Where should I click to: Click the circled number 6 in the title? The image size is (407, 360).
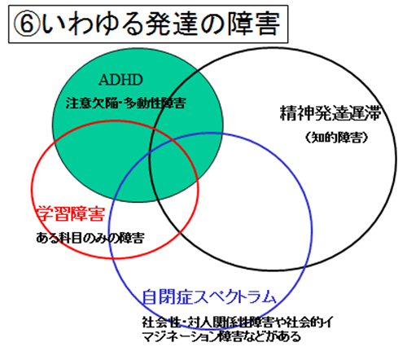pyautogui.click(x=27, y=24)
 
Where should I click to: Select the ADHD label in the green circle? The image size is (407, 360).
pyautogui.click(x=120, y=80)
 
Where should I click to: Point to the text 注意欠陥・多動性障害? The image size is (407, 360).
pyautogui.click(x=126, y=103)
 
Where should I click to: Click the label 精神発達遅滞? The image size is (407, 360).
pyautogui.click(x=330, y=113)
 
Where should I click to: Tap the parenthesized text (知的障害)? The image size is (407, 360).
pyautogui.click(x=336, y=138)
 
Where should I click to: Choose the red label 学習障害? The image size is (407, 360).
pyautogui.click(x=71, y=213)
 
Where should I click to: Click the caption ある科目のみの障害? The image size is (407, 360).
pyautogui.click(x=90, y=238)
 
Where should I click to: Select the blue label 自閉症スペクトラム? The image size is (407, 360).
pyautogui.click(x=209, y=296)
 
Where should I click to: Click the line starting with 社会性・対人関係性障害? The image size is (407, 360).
pyautogui.click(x=237, y=323)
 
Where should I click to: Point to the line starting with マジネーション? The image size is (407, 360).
pyautogui.click(x=221, y=336)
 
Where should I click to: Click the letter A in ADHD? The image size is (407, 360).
pyautogui.click(x=104, y=80)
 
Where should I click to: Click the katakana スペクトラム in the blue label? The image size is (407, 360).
pyautogui.click(x=234, y=296)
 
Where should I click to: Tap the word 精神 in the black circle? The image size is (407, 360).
pyautogui.click(x=296, y=113)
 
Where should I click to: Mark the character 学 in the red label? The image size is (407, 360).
pyautogui.click(x=45, y=213)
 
